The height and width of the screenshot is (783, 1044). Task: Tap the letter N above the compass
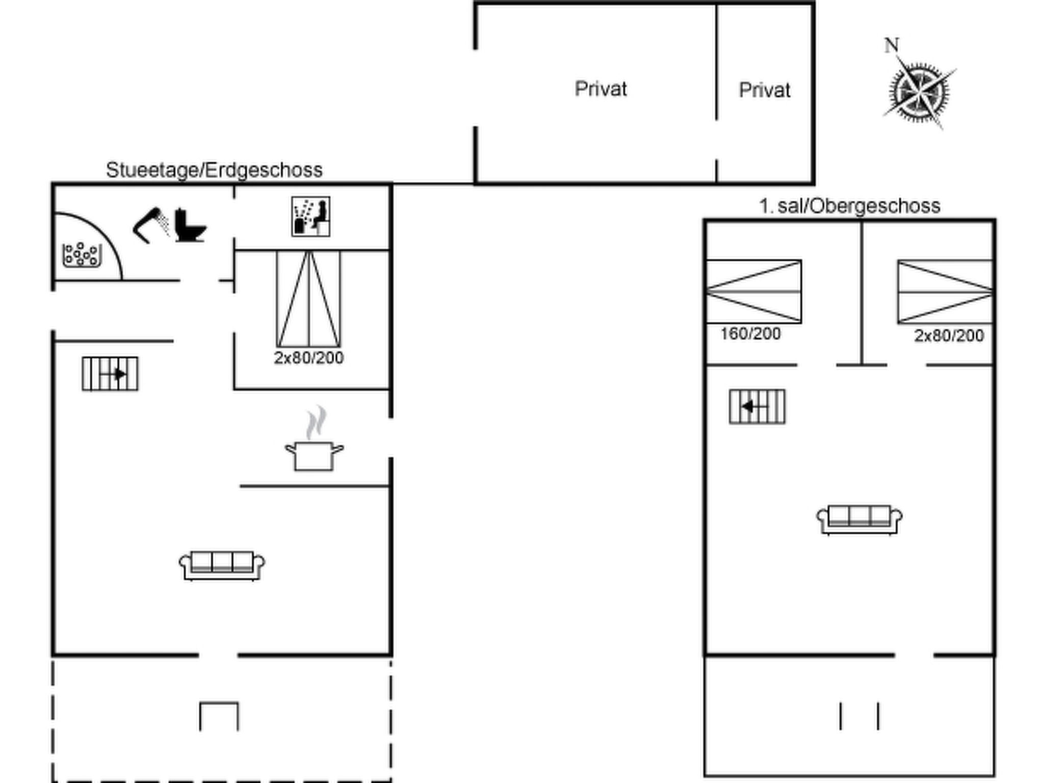point(891,45)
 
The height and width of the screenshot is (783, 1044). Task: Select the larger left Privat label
point(601,89)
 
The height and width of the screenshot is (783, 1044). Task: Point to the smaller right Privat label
point(765,90)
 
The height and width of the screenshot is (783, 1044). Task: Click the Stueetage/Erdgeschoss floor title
point(214,170)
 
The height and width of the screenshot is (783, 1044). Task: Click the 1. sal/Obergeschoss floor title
point(849,206)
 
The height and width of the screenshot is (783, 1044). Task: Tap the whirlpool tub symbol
point(82,255)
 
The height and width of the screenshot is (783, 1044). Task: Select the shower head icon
point(151,225)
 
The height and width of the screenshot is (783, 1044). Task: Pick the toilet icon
point(190,225)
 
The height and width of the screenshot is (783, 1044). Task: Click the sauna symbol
point(311,217)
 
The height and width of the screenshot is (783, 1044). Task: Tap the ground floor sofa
point(222,565)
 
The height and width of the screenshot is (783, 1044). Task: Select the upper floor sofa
point(859,520)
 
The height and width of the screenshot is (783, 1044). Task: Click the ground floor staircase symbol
point(110,374)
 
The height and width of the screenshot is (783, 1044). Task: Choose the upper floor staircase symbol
point(757,407)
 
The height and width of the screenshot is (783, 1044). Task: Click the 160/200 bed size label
point(750,334)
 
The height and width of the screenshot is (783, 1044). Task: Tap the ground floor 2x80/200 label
point(309,358)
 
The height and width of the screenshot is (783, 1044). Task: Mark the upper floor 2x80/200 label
point(949,335)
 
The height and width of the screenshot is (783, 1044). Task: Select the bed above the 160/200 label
point(754,292)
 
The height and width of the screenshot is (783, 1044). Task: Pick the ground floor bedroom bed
point(309,299)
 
